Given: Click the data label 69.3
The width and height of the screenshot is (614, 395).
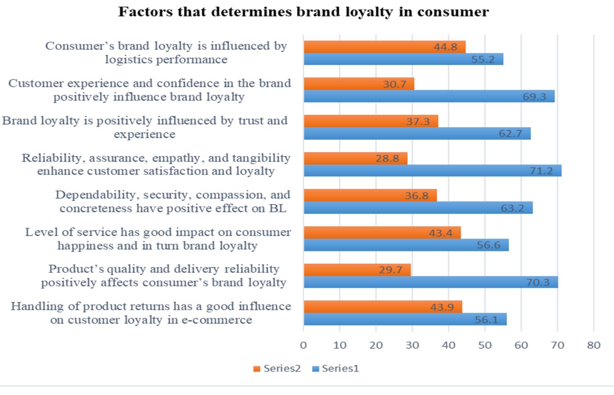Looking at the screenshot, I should pyautogui.click(x=534, y=97).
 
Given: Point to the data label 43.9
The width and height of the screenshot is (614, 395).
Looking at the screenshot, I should pyautogui.click(x=442, y=307).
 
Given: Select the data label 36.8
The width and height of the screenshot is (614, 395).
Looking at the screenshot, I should pyautogui.click(x=416, y=195).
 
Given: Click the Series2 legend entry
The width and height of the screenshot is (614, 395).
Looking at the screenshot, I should pyautogui.click(x=277, y=369).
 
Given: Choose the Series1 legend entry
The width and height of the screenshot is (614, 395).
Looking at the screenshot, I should pyautogui.click(x=336, y=369).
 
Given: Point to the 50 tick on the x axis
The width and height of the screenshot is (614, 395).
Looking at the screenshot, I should pyautogui.click(x=485, y=345).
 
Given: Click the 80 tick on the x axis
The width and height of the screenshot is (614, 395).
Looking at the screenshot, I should pyautogui.click(x=593, y=345).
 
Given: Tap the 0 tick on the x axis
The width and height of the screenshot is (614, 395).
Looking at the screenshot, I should pyautogui.click(x=303, y=345).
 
